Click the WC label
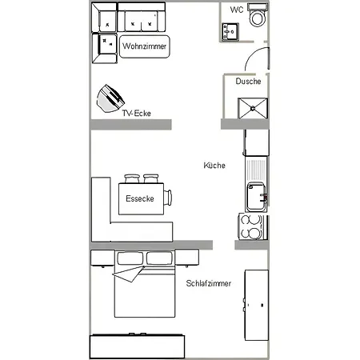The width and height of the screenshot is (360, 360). pos(237,10)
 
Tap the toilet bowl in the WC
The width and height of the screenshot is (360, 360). pos(258,18)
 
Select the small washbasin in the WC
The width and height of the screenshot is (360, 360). pos(230,32)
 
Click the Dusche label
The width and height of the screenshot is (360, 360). pos(248,81)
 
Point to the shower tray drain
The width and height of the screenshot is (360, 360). pos(253,108)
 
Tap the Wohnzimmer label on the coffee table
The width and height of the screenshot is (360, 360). pos(144,46)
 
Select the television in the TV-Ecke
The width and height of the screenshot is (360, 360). pos(110,98)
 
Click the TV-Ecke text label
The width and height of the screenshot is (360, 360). pos(137,114)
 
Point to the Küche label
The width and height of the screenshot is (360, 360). pos(214,166)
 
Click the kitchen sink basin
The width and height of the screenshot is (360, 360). pos(256,197)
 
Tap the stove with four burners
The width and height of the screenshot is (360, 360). pos(252,226)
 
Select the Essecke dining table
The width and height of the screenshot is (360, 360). pos(141,198)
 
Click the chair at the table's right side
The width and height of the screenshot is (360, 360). pos(168,198)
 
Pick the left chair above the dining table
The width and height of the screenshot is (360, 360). pos(132,178)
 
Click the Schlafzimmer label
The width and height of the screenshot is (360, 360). pos(209,283)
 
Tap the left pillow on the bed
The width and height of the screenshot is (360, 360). pos(130,258)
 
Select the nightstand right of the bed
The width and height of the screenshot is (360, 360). pos(186,258)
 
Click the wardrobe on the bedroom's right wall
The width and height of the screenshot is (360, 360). pos(257,305)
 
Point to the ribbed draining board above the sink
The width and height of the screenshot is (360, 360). pos(256,170)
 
